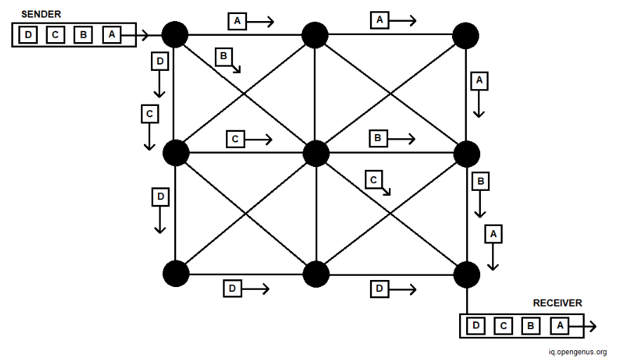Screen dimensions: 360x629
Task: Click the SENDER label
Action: tap(41, 14)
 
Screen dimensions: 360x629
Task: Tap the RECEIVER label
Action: tap(557, 303)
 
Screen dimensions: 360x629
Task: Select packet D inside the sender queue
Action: tap(27, 34)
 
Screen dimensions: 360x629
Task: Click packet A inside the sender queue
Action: tap(111, 34)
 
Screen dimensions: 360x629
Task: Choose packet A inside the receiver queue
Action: tap(559, 326)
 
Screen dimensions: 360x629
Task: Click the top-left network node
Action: tap(175, 34)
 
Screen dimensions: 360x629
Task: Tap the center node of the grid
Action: tap(316, 153)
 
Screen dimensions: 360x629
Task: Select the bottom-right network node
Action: tap(466, 274)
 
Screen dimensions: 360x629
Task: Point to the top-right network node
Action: tap(465, 35)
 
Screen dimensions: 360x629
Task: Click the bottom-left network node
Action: tap(175, 274)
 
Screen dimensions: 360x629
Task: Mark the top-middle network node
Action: tap(315, 34)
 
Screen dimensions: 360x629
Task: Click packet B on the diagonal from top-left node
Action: tap(223, 56)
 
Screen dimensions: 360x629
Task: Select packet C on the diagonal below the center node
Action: tap(374, 180)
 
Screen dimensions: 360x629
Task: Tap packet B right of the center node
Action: tap(378, 139)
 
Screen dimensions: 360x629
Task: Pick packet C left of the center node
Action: tap(235, 139)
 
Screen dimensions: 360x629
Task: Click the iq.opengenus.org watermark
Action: tap(578, 352)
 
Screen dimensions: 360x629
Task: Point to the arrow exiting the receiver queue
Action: tap(590, 326)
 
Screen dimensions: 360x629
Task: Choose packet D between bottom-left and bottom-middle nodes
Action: tap(232, 288)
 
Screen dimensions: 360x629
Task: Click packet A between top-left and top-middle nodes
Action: tap(237, 22)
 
